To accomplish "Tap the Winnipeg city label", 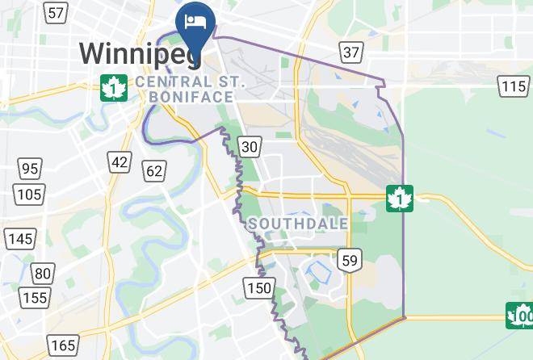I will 139,54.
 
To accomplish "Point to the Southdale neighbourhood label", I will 299,224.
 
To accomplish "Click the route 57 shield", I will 56,13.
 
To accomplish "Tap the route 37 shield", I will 351,53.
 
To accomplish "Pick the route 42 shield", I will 120,161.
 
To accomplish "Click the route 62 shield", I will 154,170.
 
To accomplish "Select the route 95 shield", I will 31,169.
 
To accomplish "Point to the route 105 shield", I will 30,194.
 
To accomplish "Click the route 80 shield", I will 44,273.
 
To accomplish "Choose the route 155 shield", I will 35,298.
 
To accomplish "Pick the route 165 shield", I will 63,345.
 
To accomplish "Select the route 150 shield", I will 259,288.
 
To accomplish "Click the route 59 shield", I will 350,260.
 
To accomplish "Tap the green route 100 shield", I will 521,314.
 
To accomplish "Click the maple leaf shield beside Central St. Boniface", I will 114,86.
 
